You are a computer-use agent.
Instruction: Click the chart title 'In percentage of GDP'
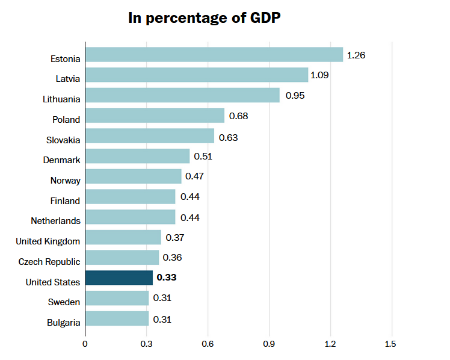(205, 17)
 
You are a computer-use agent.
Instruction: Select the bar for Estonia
(214, 55)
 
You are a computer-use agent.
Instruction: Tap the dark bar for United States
(119, 278)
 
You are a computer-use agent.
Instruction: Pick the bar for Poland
(155, 116)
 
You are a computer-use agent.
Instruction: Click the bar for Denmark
(137, 157)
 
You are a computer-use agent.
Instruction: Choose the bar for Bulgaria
(117, 318)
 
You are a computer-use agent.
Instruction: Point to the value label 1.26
(356, 55)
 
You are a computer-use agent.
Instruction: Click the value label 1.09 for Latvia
(319, 75)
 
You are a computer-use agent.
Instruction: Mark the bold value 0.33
(166, 278)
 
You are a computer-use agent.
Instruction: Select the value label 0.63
(228, 137)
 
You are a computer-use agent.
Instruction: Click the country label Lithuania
(61, 99)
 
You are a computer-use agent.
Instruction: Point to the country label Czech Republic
(49, 261)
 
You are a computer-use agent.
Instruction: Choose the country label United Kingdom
(48, 241)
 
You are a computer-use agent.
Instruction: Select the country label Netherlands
(55, 221)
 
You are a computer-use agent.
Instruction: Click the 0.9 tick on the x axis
(269, 344)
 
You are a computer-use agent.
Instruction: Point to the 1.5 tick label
(392, 344)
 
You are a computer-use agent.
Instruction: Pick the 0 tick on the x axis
(85, 344)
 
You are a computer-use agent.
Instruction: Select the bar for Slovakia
(150, 136)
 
